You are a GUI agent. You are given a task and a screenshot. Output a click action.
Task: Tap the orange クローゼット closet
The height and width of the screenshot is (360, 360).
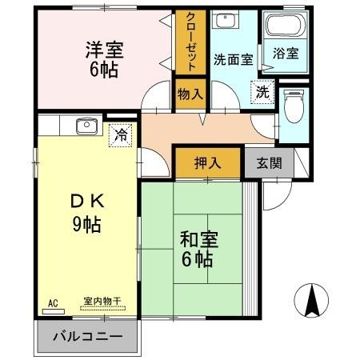(191, 42)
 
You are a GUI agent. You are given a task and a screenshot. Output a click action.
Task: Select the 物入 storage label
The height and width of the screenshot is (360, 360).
(190, 94)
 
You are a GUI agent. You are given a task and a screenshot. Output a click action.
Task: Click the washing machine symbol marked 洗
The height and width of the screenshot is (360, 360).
(262, 93)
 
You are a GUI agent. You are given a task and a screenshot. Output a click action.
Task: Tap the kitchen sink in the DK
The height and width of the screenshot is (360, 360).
(86, 125)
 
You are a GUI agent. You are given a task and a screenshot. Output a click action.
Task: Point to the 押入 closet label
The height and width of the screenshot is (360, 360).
(207, 163)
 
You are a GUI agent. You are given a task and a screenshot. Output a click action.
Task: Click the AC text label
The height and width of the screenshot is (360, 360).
(54, 303)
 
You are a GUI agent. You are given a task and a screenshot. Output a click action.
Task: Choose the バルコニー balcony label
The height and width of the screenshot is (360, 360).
(87, 337)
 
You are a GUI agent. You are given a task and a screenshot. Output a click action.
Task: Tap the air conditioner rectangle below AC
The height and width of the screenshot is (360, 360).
(53, 312)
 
